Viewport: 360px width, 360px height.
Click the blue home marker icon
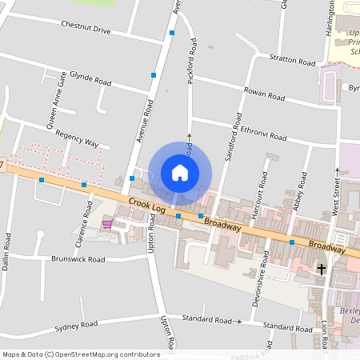(180, 172)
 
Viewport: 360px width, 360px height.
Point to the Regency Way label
(76, 138)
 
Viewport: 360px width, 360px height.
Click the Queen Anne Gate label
(56, 99)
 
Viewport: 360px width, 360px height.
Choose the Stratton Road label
(293, 60)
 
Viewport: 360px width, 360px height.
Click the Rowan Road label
(264, 94)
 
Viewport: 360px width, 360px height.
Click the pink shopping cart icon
(106, 224)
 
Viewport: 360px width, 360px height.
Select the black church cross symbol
(322, 270)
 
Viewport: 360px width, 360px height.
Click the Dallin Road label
(8, 250)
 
